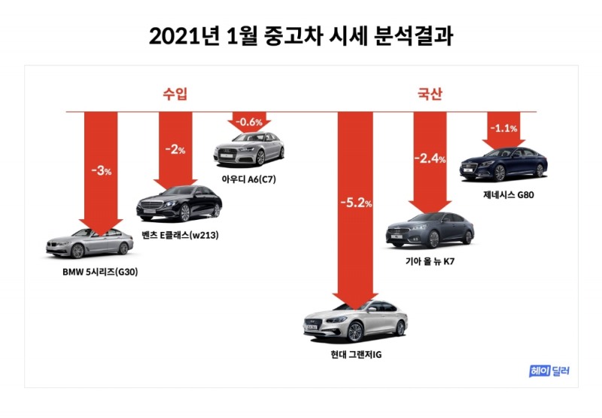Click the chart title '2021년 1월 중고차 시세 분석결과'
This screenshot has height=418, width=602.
[301, 36]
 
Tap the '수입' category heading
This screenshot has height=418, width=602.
[175, 94]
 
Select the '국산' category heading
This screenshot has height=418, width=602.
[430, 94]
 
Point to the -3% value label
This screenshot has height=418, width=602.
[101, 171]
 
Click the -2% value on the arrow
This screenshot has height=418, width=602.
[175, 148]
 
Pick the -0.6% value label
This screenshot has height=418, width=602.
[249, 121]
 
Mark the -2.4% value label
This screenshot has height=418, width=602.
[430, 159]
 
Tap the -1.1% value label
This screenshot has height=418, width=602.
[504, 128]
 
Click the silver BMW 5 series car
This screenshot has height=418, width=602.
[90, 243]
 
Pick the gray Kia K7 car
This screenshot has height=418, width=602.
[430, 230]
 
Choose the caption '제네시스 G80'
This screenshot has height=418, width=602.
[509, 194]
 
